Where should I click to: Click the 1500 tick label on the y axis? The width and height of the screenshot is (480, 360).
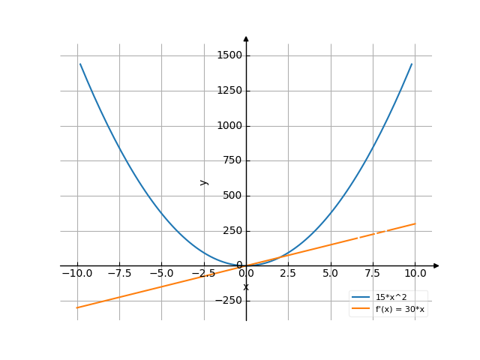point(229,55)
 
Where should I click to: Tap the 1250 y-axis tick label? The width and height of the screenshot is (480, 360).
point(229,91)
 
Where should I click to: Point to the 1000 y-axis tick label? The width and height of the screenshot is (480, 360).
point(229,126)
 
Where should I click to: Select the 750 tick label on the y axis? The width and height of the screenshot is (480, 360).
point(232,160)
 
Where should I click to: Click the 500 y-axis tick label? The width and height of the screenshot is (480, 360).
point(232,196)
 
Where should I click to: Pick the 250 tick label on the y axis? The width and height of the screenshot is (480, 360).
point(232,231)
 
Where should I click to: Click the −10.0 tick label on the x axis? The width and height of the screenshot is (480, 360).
point(76,274)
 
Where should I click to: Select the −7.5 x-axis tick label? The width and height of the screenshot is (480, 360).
point(118,274)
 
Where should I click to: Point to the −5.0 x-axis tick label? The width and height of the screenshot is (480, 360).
point(161,274)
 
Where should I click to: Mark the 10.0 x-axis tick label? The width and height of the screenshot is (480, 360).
point(415,274)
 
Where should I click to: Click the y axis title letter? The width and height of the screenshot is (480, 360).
point(203,181)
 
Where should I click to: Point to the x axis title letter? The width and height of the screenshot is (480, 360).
point(246,287)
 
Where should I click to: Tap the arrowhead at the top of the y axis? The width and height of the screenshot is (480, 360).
point(246,38)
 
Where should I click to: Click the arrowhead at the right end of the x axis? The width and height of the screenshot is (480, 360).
point(436,265)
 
